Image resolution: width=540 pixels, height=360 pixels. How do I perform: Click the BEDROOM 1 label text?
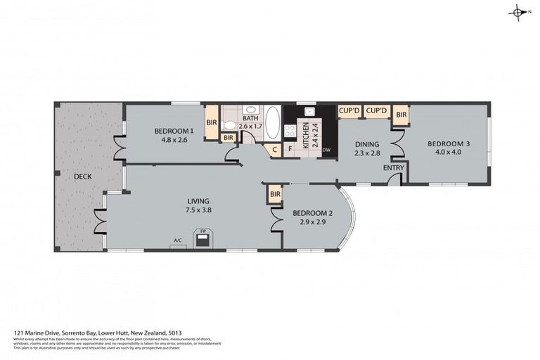click(174, 131)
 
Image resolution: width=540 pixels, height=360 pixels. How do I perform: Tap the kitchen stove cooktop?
click(288, 131)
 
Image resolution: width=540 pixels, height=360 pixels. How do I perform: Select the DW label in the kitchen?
click(326, 150)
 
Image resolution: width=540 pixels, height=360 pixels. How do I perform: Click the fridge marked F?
click(289, 149)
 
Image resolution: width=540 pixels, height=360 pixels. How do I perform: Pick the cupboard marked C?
click(274, 150)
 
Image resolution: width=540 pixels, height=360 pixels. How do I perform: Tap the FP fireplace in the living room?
click(202, 239)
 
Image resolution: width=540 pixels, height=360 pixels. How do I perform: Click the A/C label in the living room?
click(176, 240)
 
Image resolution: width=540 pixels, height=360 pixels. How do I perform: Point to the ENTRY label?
click(393, 167)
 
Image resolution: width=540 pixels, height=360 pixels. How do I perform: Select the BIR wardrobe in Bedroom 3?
click(401, 115)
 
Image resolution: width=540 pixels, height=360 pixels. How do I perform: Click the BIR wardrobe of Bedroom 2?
click(275, 193)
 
